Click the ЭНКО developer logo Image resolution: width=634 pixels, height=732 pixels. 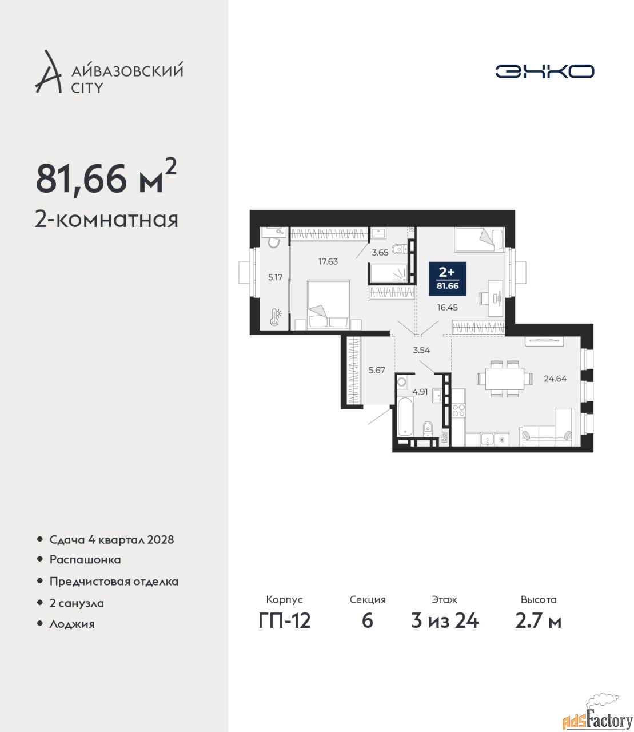click(544, 71)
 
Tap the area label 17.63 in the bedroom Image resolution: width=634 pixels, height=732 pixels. click(328, 261)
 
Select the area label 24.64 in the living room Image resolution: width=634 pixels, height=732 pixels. click(555, 379)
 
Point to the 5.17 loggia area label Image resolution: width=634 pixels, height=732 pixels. click(276, 277)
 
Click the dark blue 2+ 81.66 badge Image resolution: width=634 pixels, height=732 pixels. click(448, 279)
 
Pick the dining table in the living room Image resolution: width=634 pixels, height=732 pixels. click(504, 379)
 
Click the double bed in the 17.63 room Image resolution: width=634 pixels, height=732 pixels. click(328, 305)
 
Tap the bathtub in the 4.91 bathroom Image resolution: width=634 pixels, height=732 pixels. click(405, 417)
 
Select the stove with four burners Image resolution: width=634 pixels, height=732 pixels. click(458, 410)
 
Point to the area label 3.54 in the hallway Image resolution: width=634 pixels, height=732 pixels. click(421, 350)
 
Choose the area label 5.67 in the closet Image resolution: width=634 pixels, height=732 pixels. click(377, 370)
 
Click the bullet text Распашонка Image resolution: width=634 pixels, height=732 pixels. click(85, 560)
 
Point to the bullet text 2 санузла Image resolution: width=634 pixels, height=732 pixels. click(77, 603)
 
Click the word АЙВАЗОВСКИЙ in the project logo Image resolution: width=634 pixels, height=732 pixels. click(127, 70)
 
